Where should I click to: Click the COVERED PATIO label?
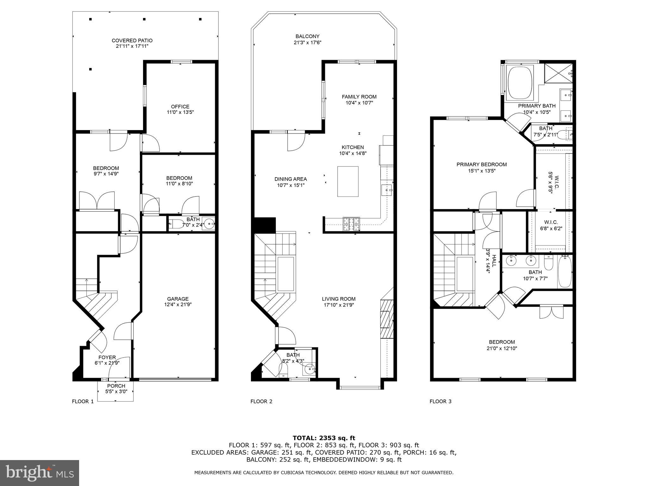pos(132,40)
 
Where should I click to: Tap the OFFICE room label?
pos(180,107)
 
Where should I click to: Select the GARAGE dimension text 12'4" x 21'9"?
pos(178,305)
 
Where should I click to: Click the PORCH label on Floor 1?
pos(116,386)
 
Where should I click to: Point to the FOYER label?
pos(107,358)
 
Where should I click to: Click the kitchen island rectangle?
pos(348,182)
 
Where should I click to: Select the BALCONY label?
pos(308,36)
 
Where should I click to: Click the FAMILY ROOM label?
pos(359,97)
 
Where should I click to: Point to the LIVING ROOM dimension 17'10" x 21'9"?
pos(339,305)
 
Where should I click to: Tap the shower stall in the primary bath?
pos(558,73)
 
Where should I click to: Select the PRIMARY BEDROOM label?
pos(482,165)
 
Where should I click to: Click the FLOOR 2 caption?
pos(261,402)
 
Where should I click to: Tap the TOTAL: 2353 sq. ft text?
pos(324,438)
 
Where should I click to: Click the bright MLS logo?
pos(40,473)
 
